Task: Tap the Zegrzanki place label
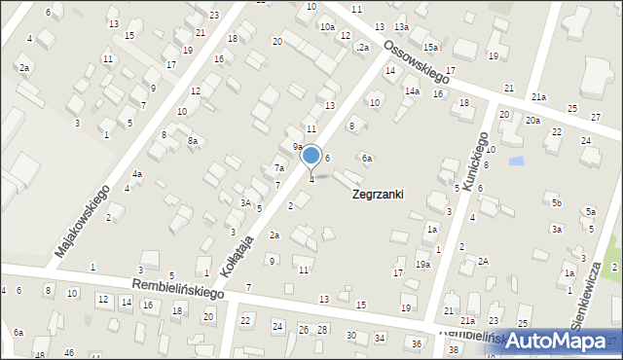377,195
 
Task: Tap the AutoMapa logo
563,341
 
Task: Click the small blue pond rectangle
516,160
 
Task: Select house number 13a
401,27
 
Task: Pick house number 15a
430,47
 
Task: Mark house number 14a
413,91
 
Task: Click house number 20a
532,121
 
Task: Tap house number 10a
327,27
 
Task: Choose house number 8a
193,142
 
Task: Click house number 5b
556,202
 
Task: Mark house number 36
417,343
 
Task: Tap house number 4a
137,174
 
